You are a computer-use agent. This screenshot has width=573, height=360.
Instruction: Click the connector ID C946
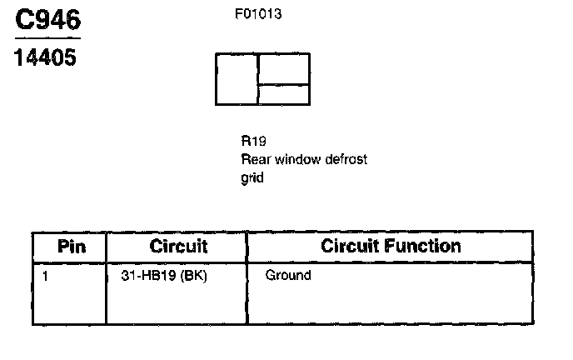click(48, 19)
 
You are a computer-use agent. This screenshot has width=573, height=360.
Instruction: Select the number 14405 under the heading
click(46, 59)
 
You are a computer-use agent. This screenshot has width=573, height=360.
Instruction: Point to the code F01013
click(260, 14)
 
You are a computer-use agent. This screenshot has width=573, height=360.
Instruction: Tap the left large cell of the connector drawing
click(237, 79)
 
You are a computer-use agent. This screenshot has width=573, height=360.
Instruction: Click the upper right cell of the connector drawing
click(284, 68)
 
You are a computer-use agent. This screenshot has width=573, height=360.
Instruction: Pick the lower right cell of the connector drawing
click(284, 94)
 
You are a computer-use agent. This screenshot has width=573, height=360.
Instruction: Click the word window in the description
click(295, 159)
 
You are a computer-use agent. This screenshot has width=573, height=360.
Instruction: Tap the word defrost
click(346, 159)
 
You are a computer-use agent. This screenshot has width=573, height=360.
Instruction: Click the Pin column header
click(71, 247)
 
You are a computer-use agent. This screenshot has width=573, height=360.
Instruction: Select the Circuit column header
click(178, 247)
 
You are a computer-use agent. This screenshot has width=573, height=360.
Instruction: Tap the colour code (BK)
click(192, 275)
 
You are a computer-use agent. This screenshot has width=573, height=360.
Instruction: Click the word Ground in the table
click(287, 275)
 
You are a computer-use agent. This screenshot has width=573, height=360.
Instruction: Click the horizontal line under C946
click(48, 38)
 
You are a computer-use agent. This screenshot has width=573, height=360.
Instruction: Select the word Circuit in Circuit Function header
click(349, 246)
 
